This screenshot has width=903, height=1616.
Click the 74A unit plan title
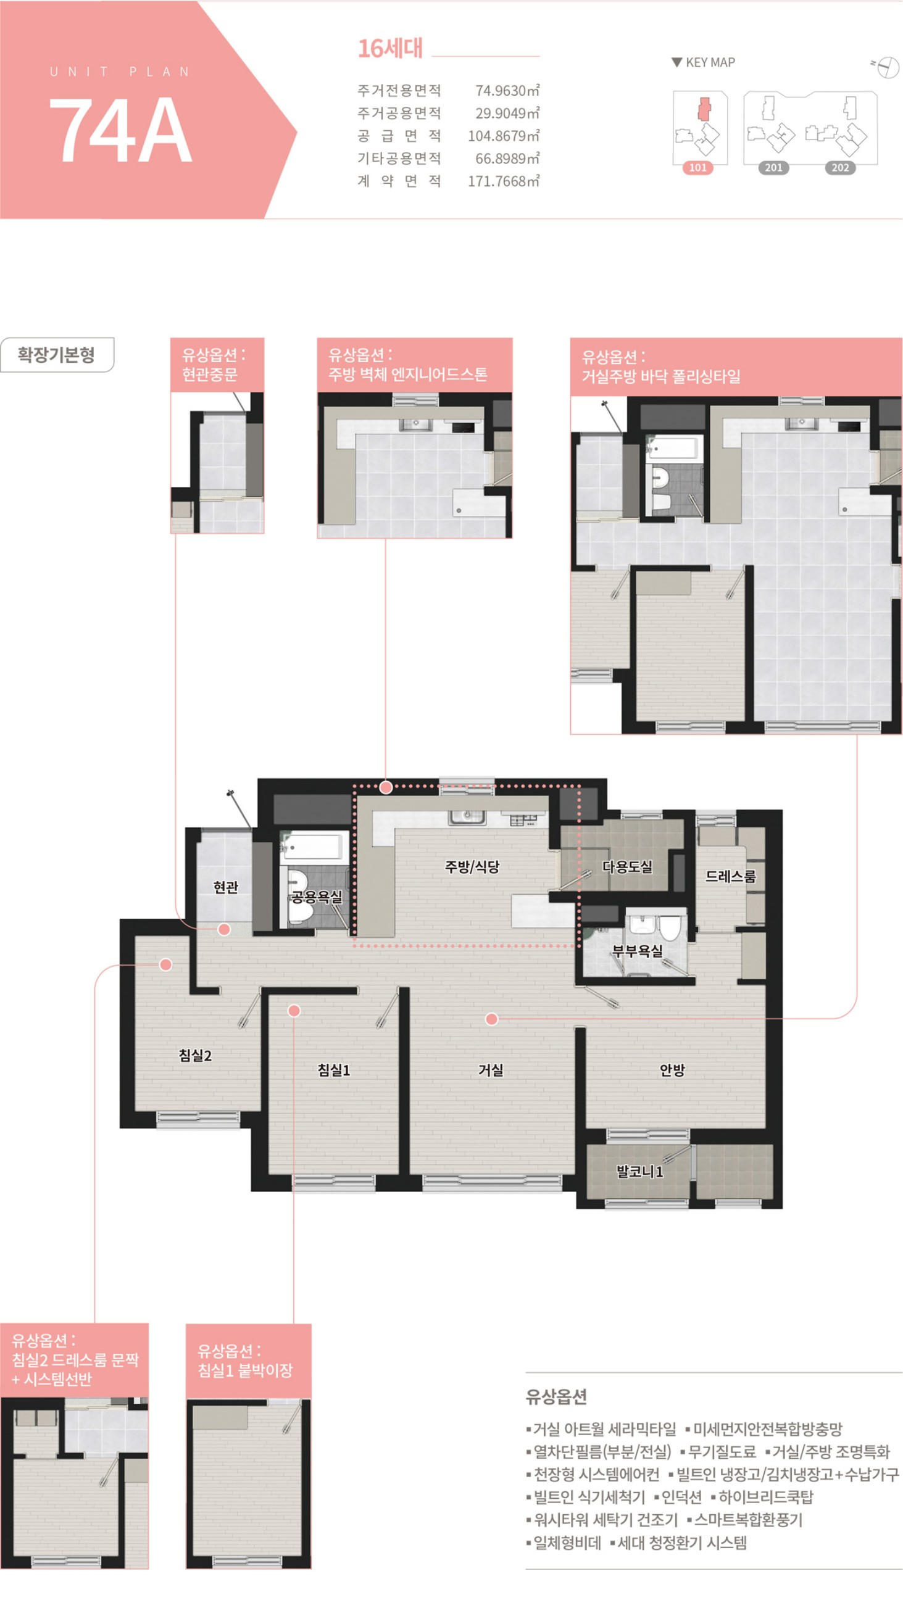click(120, 130)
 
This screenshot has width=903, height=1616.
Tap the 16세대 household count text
click(390, 48)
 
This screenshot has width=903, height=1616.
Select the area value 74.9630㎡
click(507, 90)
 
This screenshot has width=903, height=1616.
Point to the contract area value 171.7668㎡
click(503, 181)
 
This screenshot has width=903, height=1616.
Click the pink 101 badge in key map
click(698, 167)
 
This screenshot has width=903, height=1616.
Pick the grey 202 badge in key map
click(840, 167)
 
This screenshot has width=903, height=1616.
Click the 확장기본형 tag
click(57, 354)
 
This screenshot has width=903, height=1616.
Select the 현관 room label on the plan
click(226, 887)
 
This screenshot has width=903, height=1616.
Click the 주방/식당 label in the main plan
click(472, 866)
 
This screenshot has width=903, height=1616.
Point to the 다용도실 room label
click(627, 866)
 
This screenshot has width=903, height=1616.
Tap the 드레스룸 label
click(730, 876)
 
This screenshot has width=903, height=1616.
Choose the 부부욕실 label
click(638, 951)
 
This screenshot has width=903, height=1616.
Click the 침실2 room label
click(195, 1055)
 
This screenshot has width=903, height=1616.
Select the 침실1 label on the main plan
click(334, 1069)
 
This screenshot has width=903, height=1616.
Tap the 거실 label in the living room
click(491, 1069)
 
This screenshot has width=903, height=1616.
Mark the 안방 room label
click(672, 1069)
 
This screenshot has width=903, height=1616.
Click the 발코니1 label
click(639, 1171)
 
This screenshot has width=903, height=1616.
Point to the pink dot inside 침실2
click(165, 964)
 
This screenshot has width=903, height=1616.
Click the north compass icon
click(886, 67)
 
